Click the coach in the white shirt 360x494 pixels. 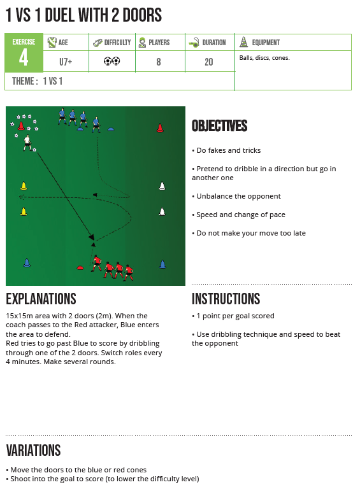point(27,143)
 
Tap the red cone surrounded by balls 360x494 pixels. point(21,126)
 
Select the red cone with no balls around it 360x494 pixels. point(160,128)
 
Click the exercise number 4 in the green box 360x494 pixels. point(24,58)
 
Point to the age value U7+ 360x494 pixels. point(66,62)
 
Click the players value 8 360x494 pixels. point(159,62)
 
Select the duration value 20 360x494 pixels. point(209,62)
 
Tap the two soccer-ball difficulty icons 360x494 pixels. point(112,61)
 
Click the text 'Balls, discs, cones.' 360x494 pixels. point(264,58)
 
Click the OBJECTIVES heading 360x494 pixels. point(219,125)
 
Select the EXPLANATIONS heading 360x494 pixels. point(41,299)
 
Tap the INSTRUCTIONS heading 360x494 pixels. point(226,299)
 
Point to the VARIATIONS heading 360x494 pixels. point(33,450)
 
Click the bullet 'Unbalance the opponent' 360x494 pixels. point(236,196)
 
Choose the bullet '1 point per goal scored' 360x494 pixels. point(233,316)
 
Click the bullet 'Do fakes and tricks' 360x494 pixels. point(226,150)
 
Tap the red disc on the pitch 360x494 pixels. point(80,268)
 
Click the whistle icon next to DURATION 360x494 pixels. point(194,43)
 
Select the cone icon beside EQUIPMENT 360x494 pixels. point(243,42)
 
